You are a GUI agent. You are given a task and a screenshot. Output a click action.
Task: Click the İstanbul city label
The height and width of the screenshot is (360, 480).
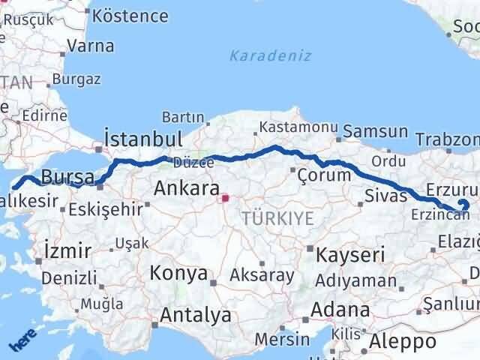(143, 140)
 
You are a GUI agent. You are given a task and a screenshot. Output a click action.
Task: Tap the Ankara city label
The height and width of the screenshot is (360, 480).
(187, 188)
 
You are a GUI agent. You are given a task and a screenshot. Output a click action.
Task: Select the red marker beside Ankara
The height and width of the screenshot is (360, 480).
(225, 199)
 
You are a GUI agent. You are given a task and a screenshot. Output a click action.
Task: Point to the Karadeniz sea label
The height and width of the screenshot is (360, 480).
(270, 56)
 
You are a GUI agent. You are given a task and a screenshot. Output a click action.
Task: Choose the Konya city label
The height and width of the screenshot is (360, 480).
(178, 273)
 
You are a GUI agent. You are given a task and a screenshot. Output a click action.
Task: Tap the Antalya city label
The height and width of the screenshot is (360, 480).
(192, 316)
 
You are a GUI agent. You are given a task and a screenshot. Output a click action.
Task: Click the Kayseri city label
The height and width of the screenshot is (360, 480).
(350, 255)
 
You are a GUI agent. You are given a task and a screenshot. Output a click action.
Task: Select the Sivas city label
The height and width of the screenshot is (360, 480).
(385, 196)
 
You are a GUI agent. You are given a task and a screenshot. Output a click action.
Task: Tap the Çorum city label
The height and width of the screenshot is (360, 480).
(324, 175)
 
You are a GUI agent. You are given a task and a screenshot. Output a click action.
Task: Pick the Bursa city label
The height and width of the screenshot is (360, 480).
(67, 178)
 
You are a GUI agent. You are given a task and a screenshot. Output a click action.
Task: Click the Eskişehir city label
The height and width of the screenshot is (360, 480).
(104, 209)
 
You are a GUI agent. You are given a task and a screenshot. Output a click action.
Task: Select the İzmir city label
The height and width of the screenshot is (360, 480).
(67, 250)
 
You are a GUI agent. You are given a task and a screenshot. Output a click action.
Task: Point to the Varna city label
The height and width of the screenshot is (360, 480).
(90, 46)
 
